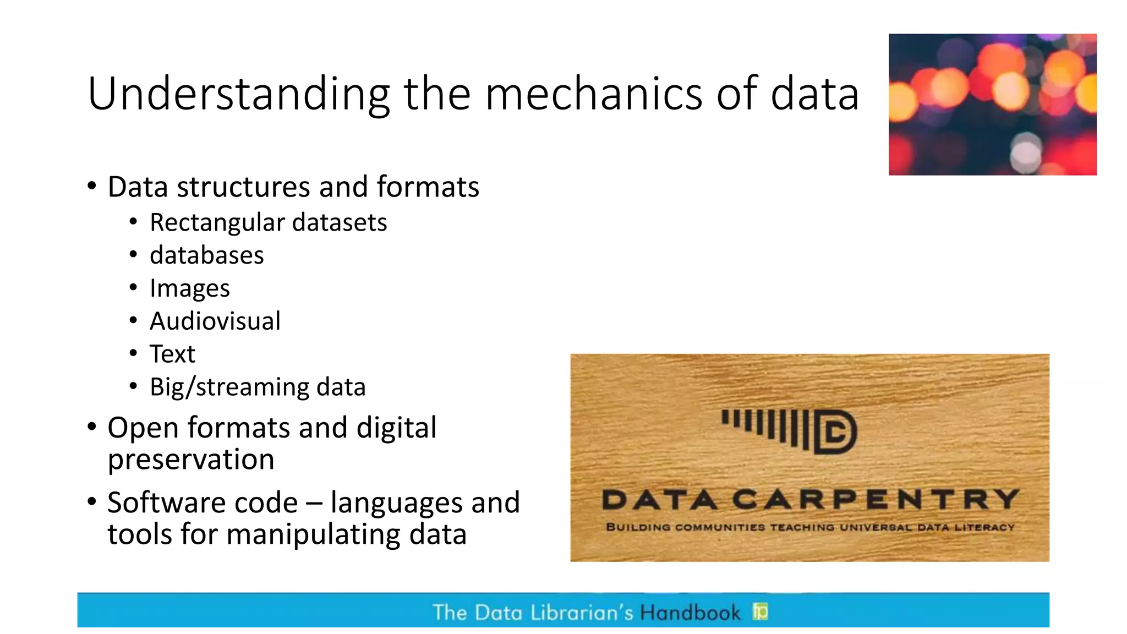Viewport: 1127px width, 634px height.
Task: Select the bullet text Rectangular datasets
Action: pyautogui.click(x=268, y=223)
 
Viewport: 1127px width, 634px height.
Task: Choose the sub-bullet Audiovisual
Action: pyautogui.click(x=215, y=321)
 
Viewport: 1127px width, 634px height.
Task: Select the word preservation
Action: pyautogui.click(x=190, y=460)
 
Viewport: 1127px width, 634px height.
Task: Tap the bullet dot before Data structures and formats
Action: pyautogui.click(x=92, y=186)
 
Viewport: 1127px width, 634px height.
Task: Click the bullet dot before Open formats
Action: pyautogui.click(x=92, y=427)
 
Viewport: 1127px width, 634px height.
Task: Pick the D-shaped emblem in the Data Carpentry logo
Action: pyautogui.click(x=835, y=431)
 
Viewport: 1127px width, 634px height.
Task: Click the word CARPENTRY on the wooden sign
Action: pyautogui.click(x=876, y=500)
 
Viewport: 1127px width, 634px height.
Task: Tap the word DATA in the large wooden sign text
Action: pyautogui.click(x=660, y=500)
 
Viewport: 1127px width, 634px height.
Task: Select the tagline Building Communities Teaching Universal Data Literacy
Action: pyautogui.click(x=810, y=527)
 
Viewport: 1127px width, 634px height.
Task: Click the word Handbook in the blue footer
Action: pyautogui.click(x=690, y=613)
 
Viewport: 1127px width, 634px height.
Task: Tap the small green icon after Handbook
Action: pyautogui.click(x=760, y=611)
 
